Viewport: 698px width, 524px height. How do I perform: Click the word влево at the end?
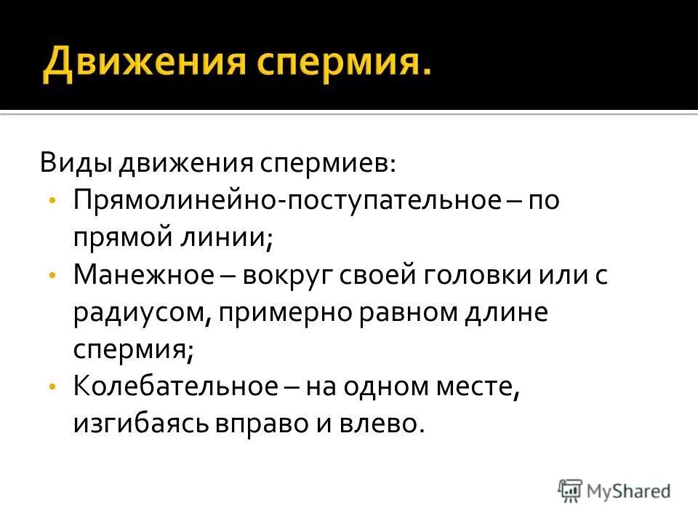[x=387, y=424]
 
